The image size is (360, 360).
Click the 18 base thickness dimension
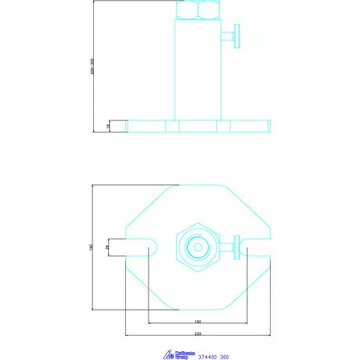(x=109, y=125)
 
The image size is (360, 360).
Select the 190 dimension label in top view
(x=92, y=247)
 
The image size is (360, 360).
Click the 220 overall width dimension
(x=198, y=333)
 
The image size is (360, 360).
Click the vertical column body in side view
(x=198, y=70)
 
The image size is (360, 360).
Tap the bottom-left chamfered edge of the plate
(x=148, y=288)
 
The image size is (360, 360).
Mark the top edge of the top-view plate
(x=198, y=185)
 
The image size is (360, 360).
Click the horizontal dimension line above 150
(x=198, y=326)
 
